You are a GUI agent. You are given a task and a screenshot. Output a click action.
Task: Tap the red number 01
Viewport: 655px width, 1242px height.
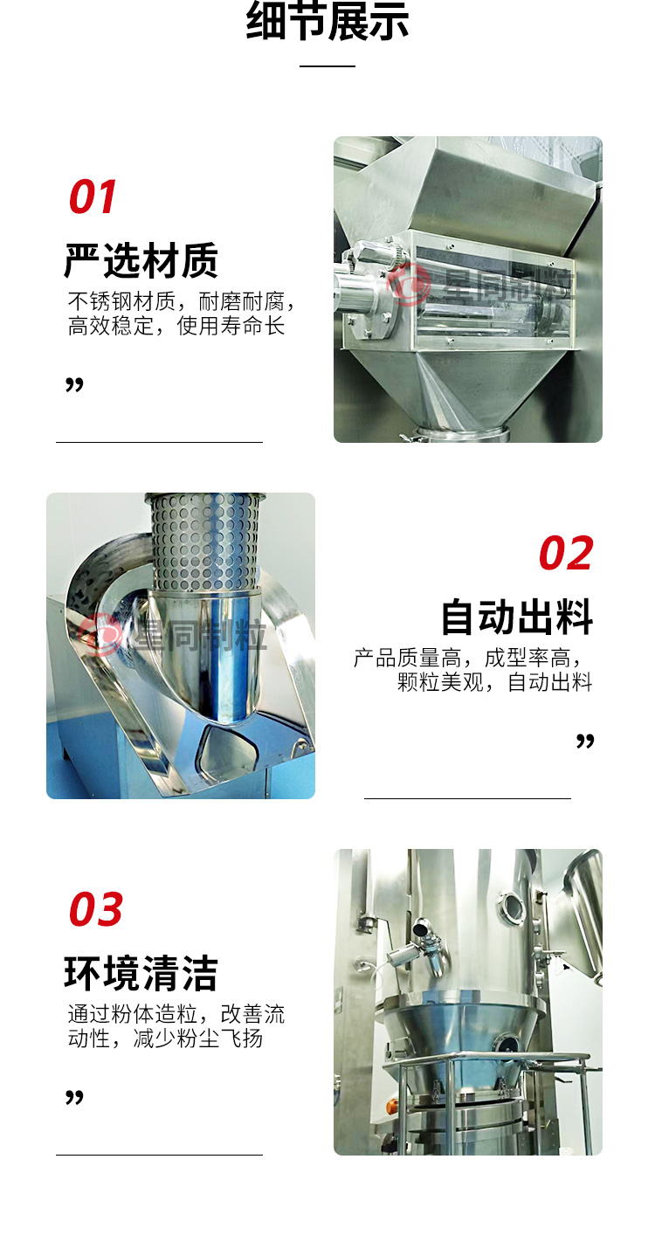[x=92, y=197]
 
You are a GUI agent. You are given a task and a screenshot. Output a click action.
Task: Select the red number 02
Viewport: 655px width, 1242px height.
[x=566, y=553]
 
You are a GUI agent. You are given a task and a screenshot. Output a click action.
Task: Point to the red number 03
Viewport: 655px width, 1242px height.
[x=95, y=909]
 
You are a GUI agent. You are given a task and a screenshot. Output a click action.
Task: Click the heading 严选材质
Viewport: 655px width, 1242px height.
[x=141, y=260]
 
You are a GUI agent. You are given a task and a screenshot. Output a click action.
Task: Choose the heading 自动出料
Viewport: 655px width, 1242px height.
[x=517, y=617]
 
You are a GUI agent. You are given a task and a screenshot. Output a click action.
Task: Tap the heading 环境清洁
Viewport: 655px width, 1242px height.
[x=141, y=973]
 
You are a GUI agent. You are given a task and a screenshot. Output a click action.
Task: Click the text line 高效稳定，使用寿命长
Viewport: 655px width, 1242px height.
[x=176, y=326]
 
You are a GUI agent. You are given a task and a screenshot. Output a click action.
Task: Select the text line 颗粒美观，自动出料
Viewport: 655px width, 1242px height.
[x=494, y=682]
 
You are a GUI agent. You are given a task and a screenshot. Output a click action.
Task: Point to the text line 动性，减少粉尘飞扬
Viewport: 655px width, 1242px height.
[x=165, y=1038]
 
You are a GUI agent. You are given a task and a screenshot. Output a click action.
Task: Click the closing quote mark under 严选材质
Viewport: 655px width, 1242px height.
[x=74, y=384]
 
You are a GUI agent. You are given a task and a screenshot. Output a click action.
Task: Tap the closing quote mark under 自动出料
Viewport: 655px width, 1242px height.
[x=585, y=741]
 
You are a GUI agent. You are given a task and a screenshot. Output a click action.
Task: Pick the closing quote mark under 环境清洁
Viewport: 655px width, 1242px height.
[x=74, y=1097]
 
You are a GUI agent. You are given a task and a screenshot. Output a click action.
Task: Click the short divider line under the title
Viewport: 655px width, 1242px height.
[x=327, y=66]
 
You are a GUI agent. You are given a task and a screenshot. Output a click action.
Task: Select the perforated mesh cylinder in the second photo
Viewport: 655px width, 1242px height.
[x=204, y=542]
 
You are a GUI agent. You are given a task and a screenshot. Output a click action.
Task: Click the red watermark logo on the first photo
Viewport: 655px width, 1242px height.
[x=408, y=285]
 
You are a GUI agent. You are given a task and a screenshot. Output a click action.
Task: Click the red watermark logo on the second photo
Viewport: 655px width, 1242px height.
[x=100, y=636]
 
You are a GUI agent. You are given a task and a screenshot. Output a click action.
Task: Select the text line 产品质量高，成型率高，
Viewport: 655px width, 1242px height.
[x=467, y=659]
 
